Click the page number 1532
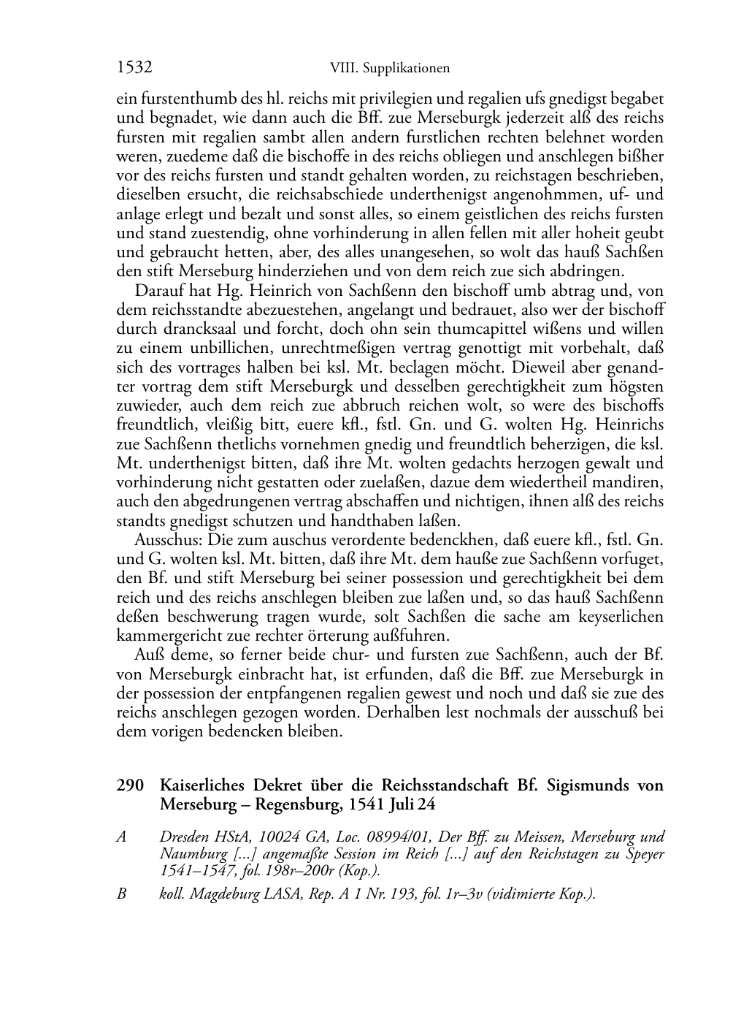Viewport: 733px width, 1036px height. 134,68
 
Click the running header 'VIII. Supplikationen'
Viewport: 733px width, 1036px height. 389,69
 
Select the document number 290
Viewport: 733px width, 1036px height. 129,785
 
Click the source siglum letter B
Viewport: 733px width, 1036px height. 121,893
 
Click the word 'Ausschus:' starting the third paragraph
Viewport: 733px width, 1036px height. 169,540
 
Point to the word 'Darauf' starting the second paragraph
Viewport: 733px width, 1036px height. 158,291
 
